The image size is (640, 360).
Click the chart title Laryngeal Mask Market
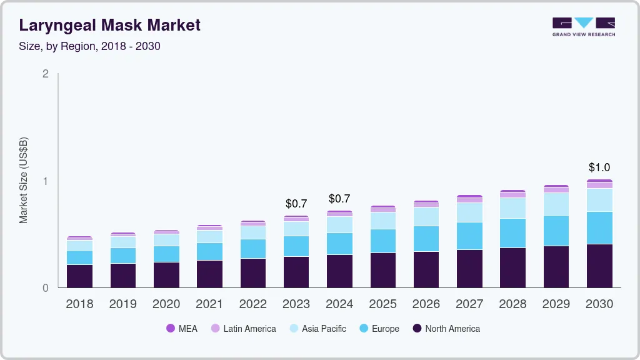[110, 25]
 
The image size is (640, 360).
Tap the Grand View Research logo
[583, 27]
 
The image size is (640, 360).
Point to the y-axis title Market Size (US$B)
[23, 180]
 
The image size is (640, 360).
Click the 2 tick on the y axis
[45, 74]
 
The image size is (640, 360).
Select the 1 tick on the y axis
[45, 181]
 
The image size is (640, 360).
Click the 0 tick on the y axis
[45, 288]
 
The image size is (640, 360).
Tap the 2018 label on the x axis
[79, 304]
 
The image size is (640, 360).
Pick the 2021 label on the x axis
[209, 304]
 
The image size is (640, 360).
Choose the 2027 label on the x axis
[469, 304]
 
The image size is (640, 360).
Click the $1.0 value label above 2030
[599, 167]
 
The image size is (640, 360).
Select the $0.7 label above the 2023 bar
[296, 204]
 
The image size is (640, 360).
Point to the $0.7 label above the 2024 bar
[339, 199]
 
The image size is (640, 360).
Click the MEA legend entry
[181, 329]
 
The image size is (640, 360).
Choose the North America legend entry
[446, 329]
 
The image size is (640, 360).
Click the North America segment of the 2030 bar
[599, 266]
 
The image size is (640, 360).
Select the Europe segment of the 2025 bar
[382, 241]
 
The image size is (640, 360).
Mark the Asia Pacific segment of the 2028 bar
[512, 208]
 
